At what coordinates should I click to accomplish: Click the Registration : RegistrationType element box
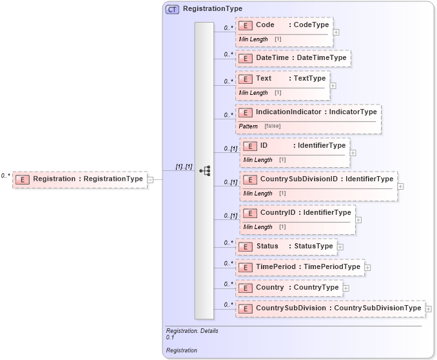click(x=79, y=179)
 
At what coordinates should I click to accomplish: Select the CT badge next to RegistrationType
click(x=172, y=9)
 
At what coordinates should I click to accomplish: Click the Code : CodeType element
click(x=284, y=25)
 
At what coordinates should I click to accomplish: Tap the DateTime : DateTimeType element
click(x=293, y=58)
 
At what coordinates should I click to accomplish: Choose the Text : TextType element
click(x=283, y=79)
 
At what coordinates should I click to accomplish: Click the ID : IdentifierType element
click(x=295, y=146)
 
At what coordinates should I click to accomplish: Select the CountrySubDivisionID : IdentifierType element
click(x=318, y=179)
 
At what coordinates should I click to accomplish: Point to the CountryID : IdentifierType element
click(x=297, y=213)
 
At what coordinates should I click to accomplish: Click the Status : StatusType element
click(x=286, y=246)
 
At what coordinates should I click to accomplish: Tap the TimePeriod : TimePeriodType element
click(x=300, y=267)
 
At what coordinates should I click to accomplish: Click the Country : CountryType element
click(x=289, y=288)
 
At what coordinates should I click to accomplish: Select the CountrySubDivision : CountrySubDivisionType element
click(x=330, y=308)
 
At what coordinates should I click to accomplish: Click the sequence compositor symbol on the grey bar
click(x=205, y=171)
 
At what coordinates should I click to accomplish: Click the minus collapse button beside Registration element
click(x=150, y=179)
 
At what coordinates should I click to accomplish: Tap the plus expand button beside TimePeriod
click(x=367, y=267)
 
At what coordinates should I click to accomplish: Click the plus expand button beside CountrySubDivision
click(x=428, y=308)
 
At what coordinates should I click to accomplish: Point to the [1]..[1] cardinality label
click(x=184, y=166)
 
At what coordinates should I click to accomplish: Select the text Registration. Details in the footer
click(x=192, y=331)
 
